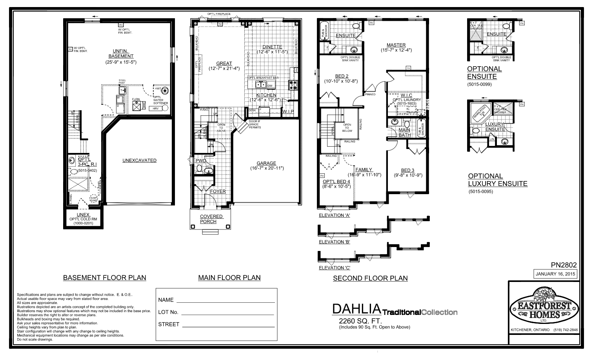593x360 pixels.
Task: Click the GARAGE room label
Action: point(266,163)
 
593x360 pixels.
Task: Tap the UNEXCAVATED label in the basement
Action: point(139,160)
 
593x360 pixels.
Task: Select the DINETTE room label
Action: point(272,47)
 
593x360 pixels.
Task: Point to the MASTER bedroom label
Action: point(396,45)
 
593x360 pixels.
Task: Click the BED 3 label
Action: point(407,170)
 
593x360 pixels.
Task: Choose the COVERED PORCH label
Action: point(211,219)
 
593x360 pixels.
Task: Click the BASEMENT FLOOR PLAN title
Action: point(104,278)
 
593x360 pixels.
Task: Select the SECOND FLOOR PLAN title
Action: point(370,278)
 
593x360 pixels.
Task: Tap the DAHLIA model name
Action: point(357,309)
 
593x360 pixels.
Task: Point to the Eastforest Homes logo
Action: point(543,306)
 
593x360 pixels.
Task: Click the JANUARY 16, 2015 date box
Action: point(555,274)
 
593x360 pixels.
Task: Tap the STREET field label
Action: point(169,324)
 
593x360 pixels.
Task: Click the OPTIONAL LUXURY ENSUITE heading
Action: point(497,180)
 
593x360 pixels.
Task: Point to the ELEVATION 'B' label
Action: point(334,242)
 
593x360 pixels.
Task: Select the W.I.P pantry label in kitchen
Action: point(288,111)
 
